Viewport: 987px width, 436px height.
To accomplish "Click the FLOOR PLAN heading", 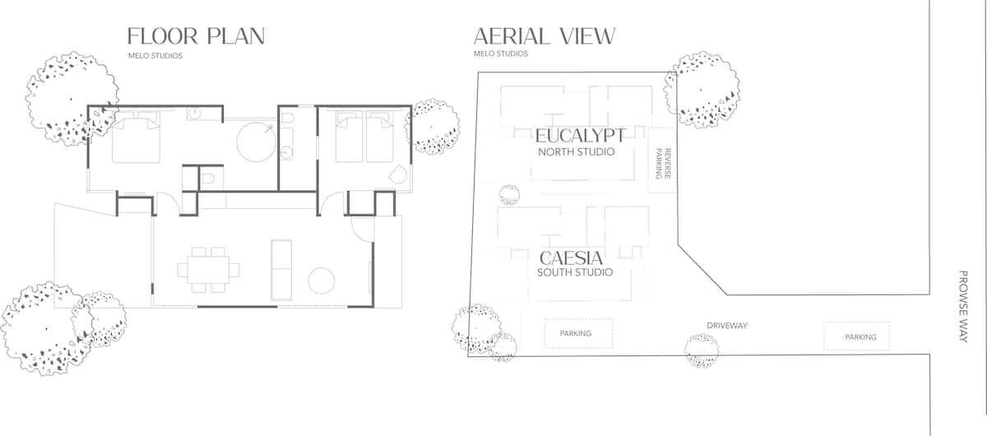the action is tap(196, 36).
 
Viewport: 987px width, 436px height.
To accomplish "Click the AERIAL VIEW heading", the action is tap(544, 36).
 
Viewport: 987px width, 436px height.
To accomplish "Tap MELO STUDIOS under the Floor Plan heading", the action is tap(155, 56).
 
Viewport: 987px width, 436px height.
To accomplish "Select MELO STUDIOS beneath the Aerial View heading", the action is tap(501, 53).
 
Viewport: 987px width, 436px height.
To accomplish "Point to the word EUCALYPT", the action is tap(580, 136).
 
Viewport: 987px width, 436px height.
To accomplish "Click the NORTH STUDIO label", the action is tap(576, 152).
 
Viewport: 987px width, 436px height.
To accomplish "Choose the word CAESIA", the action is tap(571, 257).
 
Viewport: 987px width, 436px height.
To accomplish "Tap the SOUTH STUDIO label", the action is tap(575, 272).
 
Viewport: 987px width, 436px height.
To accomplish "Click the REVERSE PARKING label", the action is tap(663, 164).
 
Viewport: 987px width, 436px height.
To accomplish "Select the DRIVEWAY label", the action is tap(727, 326).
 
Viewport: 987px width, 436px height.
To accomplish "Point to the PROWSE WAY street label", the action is tap(963, 306).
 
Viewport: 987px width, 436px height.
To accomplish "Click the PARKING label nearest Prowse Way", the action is tap(860, 337).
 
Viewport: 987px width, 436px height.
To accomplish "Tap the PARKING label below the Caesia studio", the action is tap(576, 333).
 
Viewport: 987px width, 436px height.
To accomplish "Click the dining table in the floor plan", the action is tap(208, 270).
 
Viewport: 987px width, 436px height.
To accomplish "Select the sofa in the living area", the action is tap(281, 270).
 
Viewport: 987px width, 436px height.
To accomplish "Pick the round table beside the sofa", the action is tap(322, 281).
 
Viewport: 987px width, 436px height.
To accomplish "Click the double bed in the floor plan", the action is tap(136, 137).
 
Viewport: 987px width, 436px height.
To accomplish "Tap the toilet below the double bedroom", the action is tap(208, 179).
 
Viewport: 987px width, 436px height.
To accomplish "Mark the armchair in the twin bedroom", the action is tap(398, 174).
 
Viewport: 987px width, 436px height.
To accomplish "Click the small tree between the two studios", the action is tap(509, 194).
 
